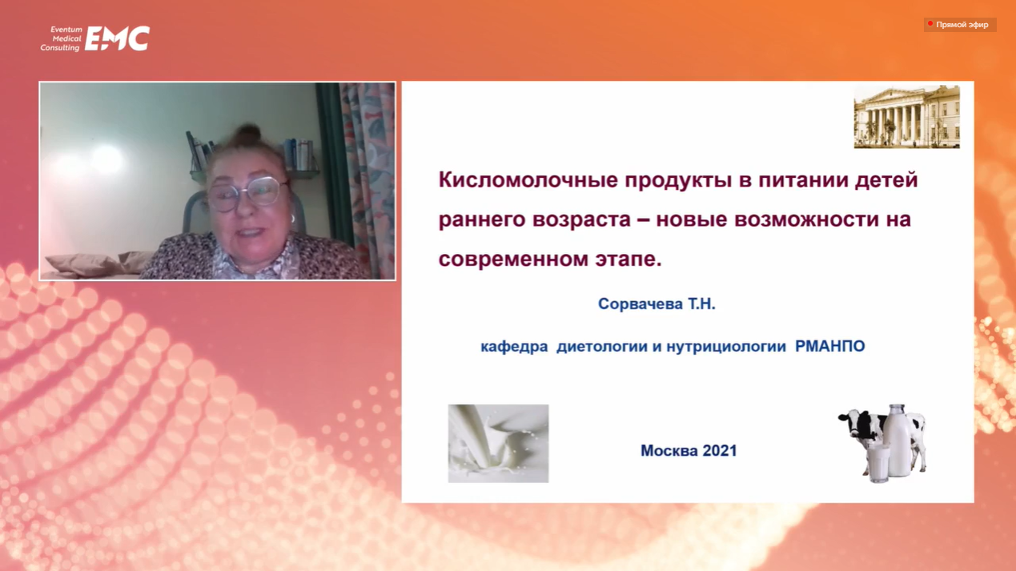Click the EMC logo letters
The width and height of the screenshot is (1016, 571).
tap(117, 38)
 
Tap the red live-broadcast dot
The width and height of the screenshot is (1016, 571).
tap(930, 23)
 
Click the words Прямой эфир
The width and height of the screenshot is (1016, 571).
tap(962, 25)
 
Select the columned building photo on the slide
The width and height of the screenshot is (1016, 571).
tap(906, 117)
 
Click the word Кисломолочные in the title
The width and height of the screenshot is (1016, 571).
tap(528, 180)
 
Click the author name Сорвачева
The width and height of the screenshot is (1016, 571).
tap(641, 304)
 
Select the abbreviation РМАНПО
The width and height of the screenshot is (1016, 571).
tap(830, 346)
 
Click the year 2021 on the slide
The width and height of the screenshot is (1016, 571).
tap(719, 450)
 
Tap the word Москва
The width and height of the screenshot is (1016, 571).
tap(669, 450)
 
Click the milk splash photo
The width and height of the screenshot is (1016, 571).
tap(499, 444)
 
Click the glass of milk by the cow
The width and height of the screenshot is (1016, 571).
tap(878, 464)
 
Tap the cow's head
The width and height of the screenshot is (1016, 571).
tap(853, 422)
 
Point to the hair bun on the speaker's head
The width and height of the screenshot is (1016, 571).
tap(248, 135)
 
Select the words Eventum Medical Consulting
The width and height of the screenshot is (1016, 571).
tap(61, 38)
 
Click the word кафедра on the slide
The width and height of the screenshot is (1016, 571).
tap(514, 347)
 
